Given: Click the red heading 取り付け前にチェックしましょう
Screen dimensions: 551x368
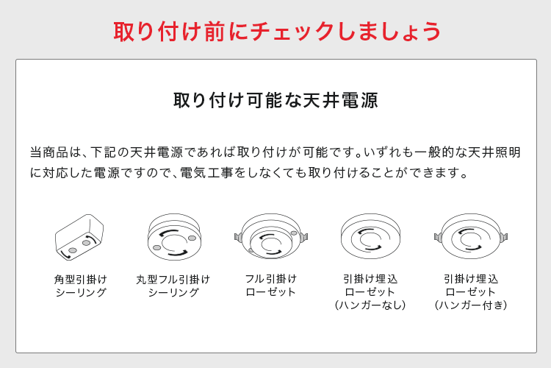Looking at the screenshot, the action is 277,32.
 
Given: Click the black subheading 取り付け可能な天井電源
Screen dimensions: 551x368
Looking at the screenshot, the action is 275,100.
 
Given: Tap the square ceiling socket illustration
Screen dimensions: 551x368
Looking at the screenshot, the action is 79,237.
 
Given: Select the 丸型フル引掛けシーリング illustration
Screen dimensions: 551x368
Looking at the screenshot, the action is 174,237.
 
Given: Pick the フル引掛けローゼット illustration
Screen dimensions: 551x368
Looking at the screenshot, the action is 271,236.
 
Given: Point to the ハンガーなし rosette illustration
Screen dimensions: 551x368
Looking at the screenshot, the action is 370,236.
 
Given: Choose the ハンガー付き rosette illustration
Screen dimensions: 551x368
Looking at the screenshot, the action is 471,236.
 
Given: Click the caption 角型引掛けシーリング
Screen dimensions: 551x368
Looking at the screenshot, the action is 81,286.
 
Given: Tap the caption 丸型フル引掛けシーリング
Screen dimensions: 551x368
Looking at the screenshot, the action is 173,286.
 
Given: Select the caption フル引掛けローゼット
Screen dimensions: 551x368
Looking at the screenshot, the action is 271,286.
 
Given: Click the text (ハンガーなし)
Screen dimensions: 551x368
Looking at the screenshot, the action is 370,305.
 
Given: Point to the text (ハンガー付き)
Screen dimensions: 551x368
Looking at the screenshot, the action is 471,305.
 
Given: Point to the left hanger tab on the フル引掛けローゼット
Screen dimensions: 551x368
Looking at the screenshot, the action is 238,237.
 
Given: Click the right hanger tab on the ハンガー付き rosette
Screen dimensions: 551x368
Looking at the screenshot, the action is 504,237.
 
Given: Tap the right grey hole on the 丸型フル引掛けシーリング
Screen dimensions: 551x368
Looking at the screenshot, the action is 192,238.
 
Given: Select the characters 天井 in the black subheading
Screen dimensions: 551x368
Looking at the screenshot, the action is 322,100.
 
